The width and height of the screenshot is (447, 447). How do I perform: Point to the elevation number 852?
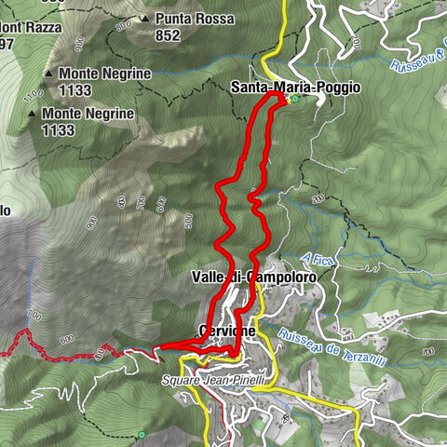[168, 35]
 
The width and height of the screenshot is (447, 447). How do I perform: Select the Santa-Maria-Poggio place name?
[295, 88]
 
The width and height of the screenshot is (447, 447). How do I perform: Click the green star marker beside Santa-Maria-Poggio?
[293, 99]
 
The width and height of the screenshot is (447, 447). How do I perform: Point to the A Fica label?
[317, 258]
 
